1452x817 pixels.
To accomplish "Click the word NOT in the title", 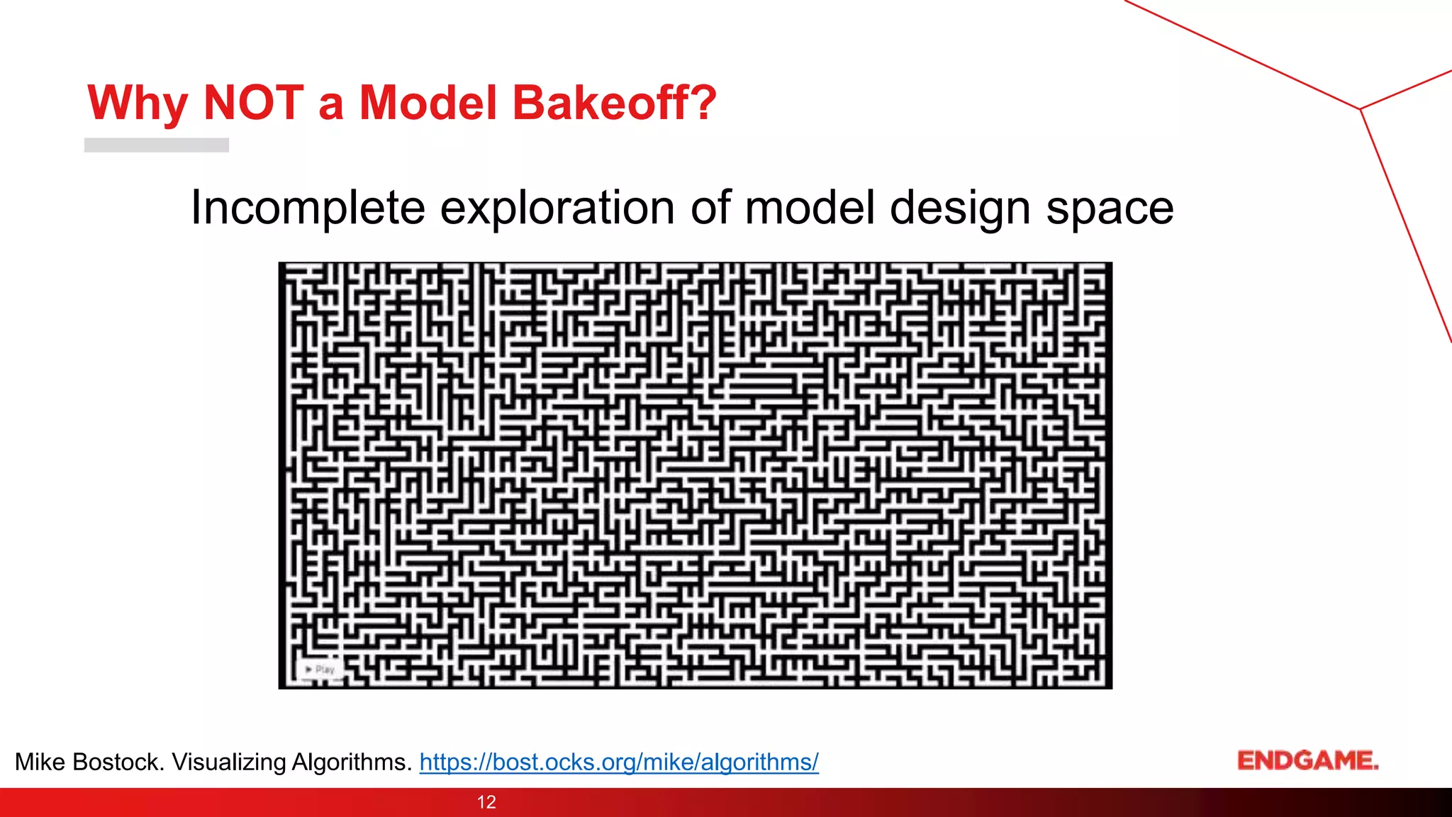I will tap(253, 103).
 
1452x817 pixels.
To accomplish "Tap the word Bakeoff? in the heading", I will tap(614, 103).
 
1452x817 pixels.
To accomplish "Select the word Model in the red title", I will tap(428, 103).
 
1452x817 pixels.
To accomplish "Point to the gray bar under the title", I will tap(157, 145).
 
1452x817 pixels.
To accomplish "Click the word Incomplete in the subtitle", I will tap(308, 209).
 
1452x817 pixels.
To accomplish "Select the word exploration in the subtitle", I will tap(557, 209).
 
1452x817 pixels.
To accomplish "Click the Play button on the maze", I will tap(319, 669).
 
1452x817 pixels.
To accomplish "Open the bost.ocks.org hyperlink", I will tap(619, 762).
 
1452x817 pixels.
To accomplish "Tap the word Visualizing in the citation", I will tap(228, 762).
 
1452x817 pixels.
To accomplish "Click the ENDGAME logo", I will tap(1307, 760).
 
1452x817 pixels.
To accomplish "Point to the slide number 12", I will tap(486, 802).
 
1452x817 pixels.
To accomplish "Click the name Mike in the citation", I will tap(40, 762).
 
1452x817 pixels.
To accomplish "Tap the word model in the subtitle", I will tap(810, 209).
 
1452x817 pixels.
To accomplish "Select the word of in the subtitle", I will tap(711, 209).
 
